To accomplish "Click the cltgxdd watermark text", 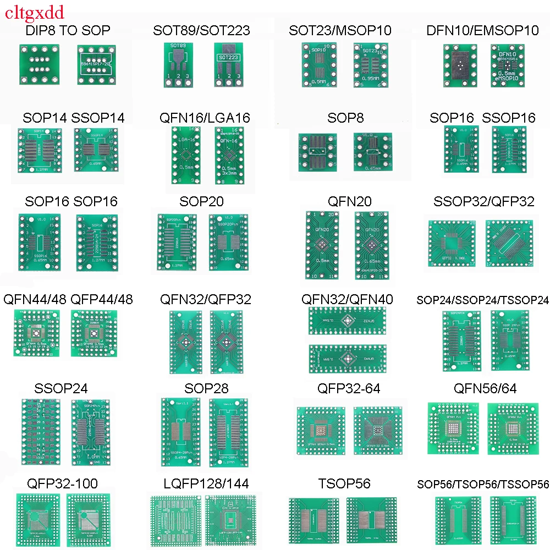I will pos(34,12).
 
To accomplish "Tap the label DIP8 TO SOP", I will pos(68,30).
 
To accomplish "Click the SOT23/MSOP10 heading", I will pos(340,30).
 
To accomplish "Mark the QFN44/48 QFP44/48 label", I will pos(68,300).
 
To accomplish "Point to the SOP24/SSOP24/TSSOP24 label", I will pos(482,300).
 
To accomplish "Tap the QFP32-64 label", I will pos(349,389).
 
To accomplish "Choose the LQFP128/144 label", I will pos(206,484).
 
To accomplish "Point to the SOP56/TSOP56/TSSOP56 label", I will pos(483,485).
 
